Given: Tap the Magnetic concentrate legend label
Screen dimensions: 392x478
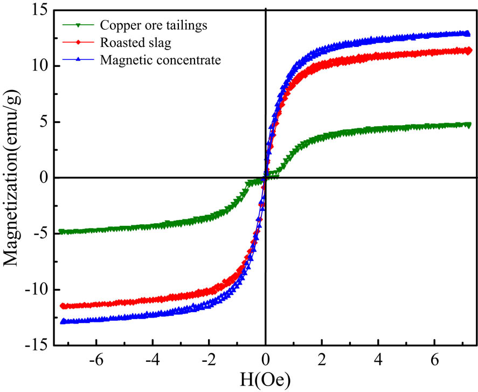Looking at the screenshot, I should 161,60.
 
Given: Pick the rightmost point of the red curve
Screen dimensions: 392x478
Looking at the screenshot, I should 468,51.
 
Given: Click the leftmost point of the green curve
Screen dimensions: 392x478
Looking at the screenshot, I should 61,232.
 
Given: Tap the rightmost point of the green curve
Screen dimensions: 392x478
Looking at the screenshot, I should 468,125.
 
